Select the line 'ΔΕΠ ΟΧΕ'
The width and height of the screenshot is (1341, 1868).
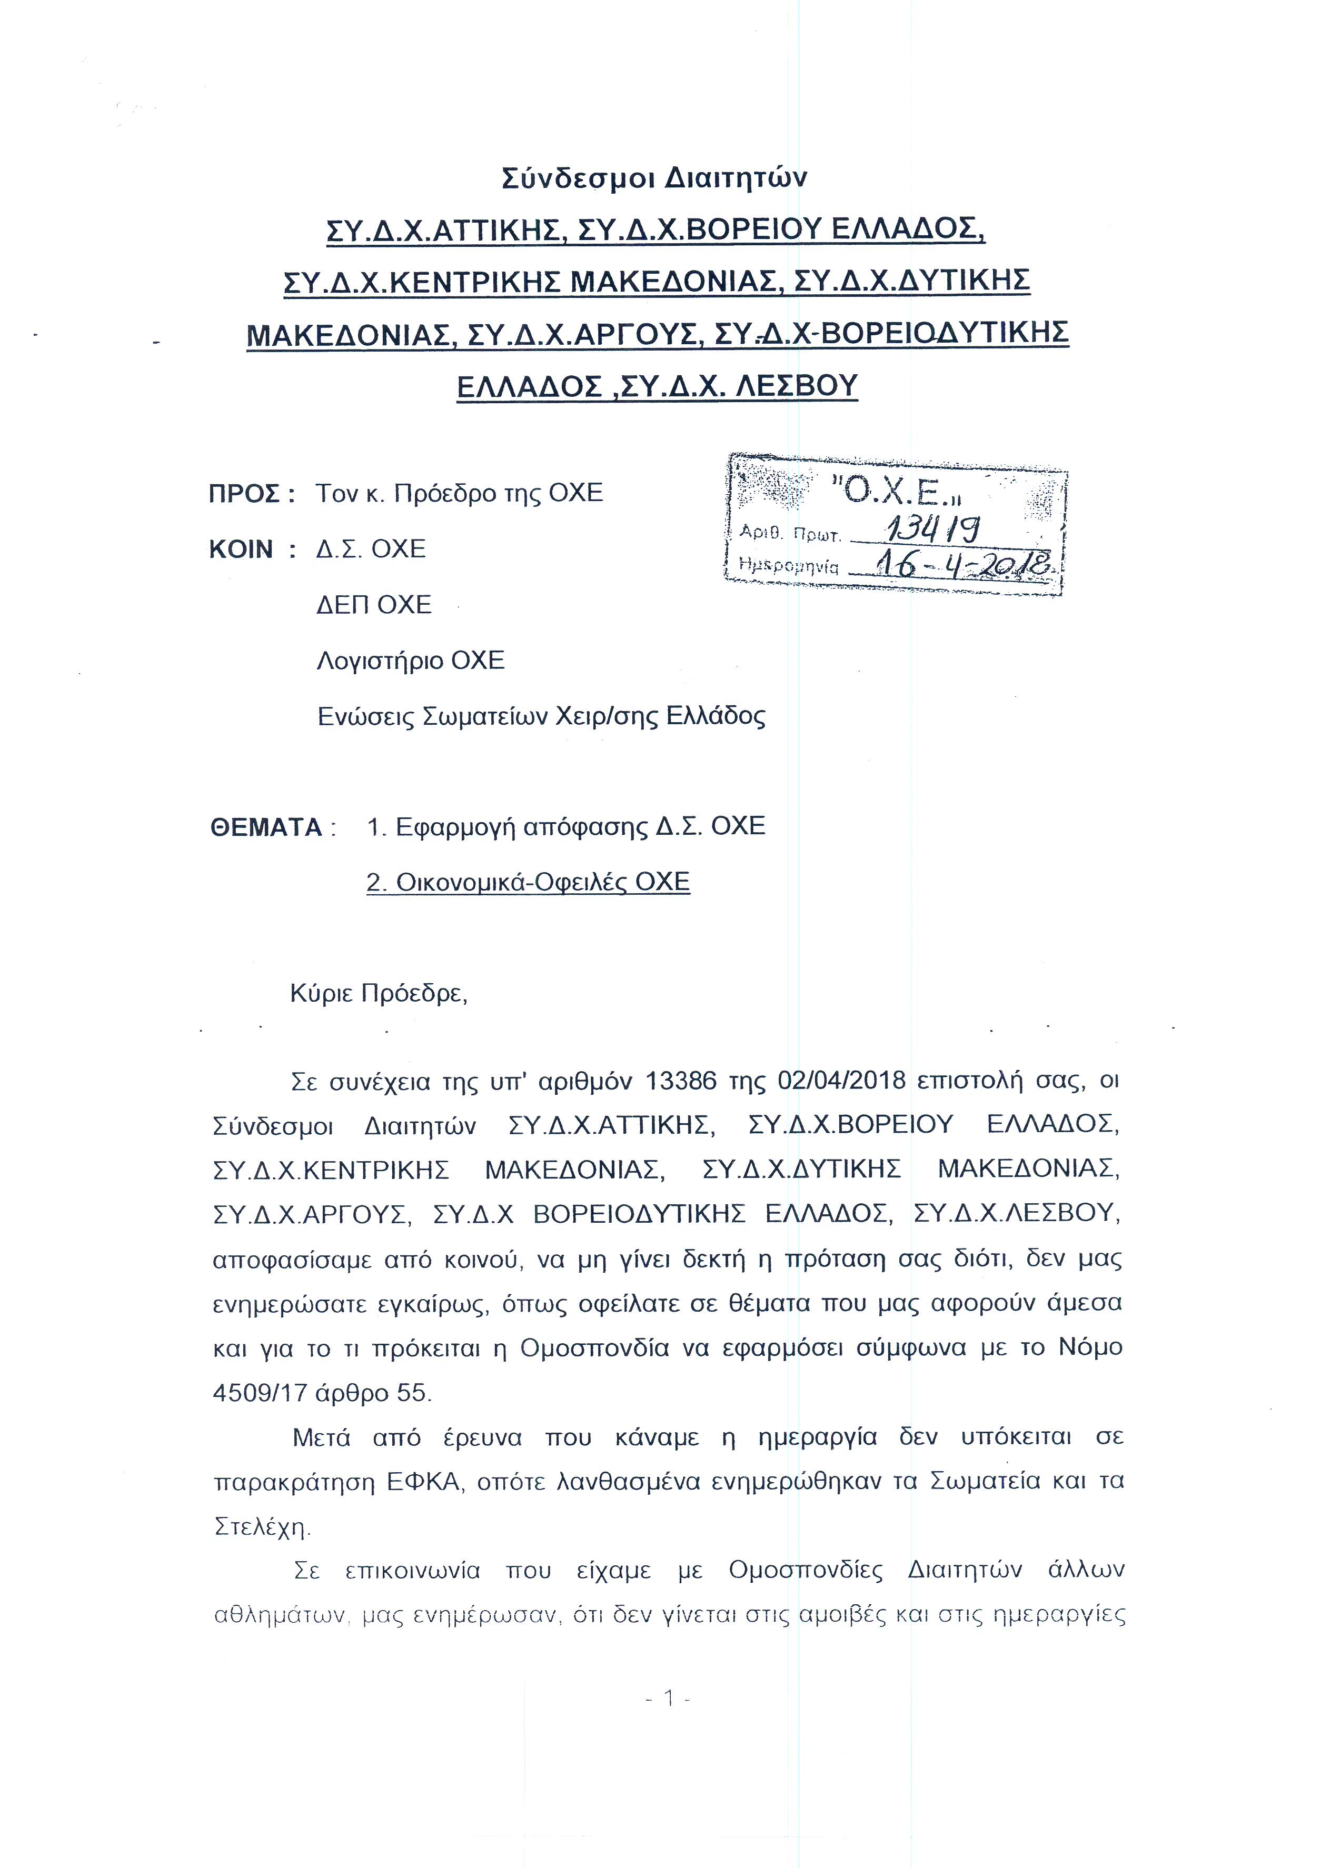(374, 605)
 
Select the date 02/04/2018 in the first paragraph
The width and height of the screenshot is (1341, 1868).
(841, 1080)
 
